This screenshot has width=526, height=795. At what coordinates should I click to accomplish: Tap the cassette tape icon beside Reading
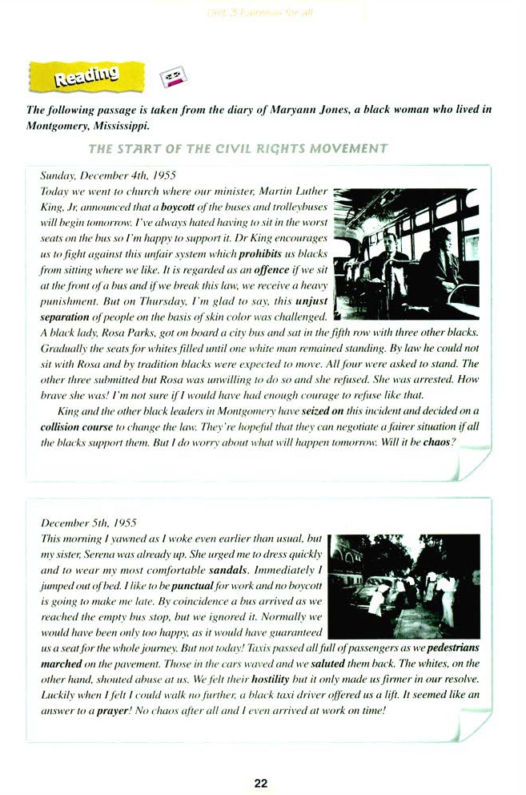175,77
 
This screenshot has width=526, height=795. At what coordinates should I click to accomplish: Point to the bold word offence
271,271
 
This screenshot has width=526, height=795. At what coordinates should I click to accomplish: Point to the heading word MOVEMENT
348,149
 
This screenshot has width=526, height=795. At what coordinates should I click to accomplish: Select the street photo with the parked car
404,587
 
